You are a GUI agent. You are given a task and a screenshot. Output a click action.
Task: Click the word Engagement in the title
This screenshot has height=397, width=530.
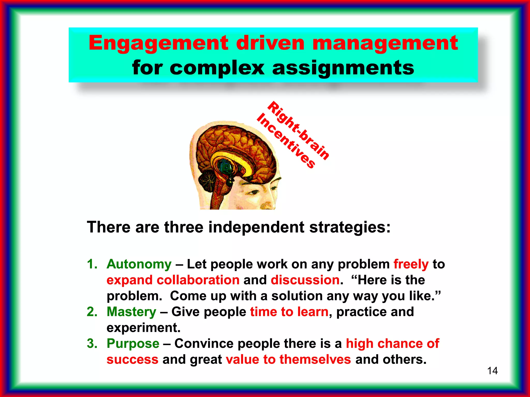(158, 43)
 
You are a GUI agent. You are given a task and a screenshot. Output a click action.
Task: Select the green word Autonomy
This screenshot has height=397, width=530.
(139, 264)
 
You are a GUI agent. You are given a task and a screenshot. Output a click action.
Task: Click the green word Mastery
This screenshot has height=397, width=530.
(131, 312)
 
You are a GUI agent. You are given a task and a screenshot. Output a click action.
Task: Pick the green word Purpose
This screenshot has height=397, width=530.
(133, 343)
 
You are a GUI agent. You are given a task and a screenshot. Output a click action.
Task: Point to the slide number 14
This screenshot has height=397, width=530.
(492, 371)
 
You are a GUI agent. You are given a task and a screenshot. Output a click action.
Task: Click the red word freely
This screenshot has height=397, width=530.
(411, 264)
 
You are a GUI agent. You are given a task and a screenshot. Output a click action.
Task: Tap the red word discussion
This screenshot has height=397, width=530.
(305, 280)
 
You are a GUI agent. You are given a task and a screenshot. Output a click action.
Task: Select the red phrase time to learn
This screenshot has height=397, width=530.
(289, 312)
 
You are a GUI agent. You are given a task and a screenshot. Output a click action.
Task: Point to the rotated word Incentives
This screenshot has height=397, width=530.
(286, 141)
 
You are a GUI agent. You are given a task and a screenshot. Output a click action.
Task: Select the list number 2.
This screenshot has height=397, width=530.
(92, 312)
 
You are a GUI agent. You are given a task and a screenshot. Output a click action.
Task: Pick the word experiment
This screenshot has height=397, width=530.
(143, 328)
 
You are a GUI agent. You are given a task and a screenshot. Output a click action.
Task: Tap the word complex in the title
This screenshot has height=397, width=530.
(217, 68)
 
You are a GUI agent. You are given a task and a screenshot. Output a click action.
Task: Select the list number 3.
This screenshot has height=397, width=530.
(92, 343)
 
